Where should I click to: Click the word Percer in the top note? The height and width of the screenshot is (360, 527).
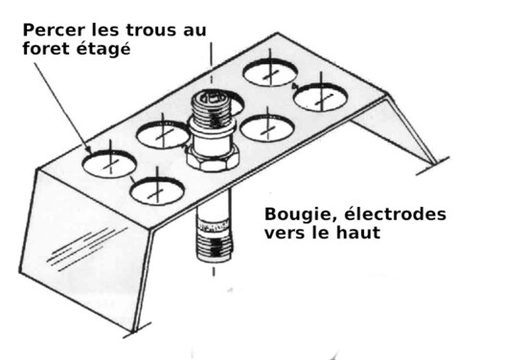click(54, 31)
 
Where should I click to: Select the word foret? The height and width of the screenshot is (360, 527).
click(47, 49)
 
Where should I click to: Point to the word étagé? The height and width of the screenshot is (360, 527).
click(103, 49)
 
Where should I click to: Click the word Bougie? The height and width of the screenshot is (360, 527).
click(300, 214)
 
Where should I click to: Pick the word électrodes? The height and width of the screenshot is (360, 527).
click(395, 214)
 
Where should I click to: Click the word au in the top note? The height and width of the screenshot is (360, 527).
click(195, 32)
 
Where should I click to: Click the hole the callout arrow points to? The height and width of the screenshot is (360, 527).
click(109, 165)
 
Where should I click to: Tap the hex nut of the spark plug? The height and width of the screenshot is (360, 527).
click(212, 160)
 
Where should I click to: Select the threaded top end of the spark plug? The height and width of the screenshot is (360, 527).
click(212, 106)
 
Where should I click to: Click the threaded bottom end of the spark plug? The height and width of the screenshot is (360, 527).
click(214, 249)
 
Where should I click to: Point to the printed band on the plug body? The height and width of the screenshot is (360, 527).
click(214, 227)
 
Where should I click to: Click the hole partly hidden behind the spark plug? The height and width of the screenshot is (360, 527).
click(238, 104)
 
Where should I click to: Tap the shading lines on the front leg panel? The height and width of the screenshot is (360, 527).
click(87, 249)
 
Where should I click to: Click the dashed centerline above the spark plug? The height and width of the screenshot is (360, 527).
click(212, 63)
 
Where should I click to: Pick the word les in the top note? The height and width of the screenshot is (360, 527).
click(105, 31)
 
